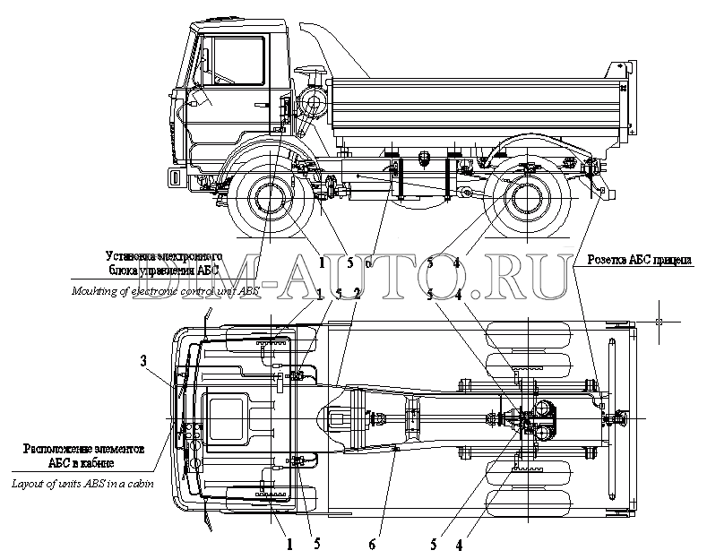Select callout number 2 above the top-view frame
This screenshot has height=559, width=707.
click(x=357, y=293)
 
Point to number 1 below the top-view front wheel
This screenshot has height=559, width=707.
click(x=289, y=543)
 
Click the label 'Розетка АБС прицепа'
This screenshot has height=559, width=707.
click(x=639, y=261)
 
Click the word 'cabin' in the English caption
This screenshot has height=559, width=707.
click(x=135, y=484)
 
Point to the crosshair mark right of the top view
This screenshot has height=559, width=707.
click(x=659, y=321)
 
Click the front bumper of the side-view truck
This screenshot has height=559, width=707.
click(x=177, y=177)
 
